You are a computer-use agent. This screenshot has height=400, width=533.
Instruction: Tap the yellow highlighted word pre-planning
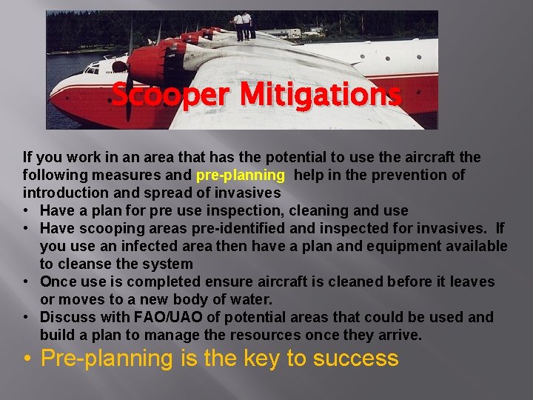(x=240, y=175)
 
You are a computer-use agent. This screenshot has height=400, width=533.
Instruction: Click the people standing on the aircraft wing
(x=244, y=26)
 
